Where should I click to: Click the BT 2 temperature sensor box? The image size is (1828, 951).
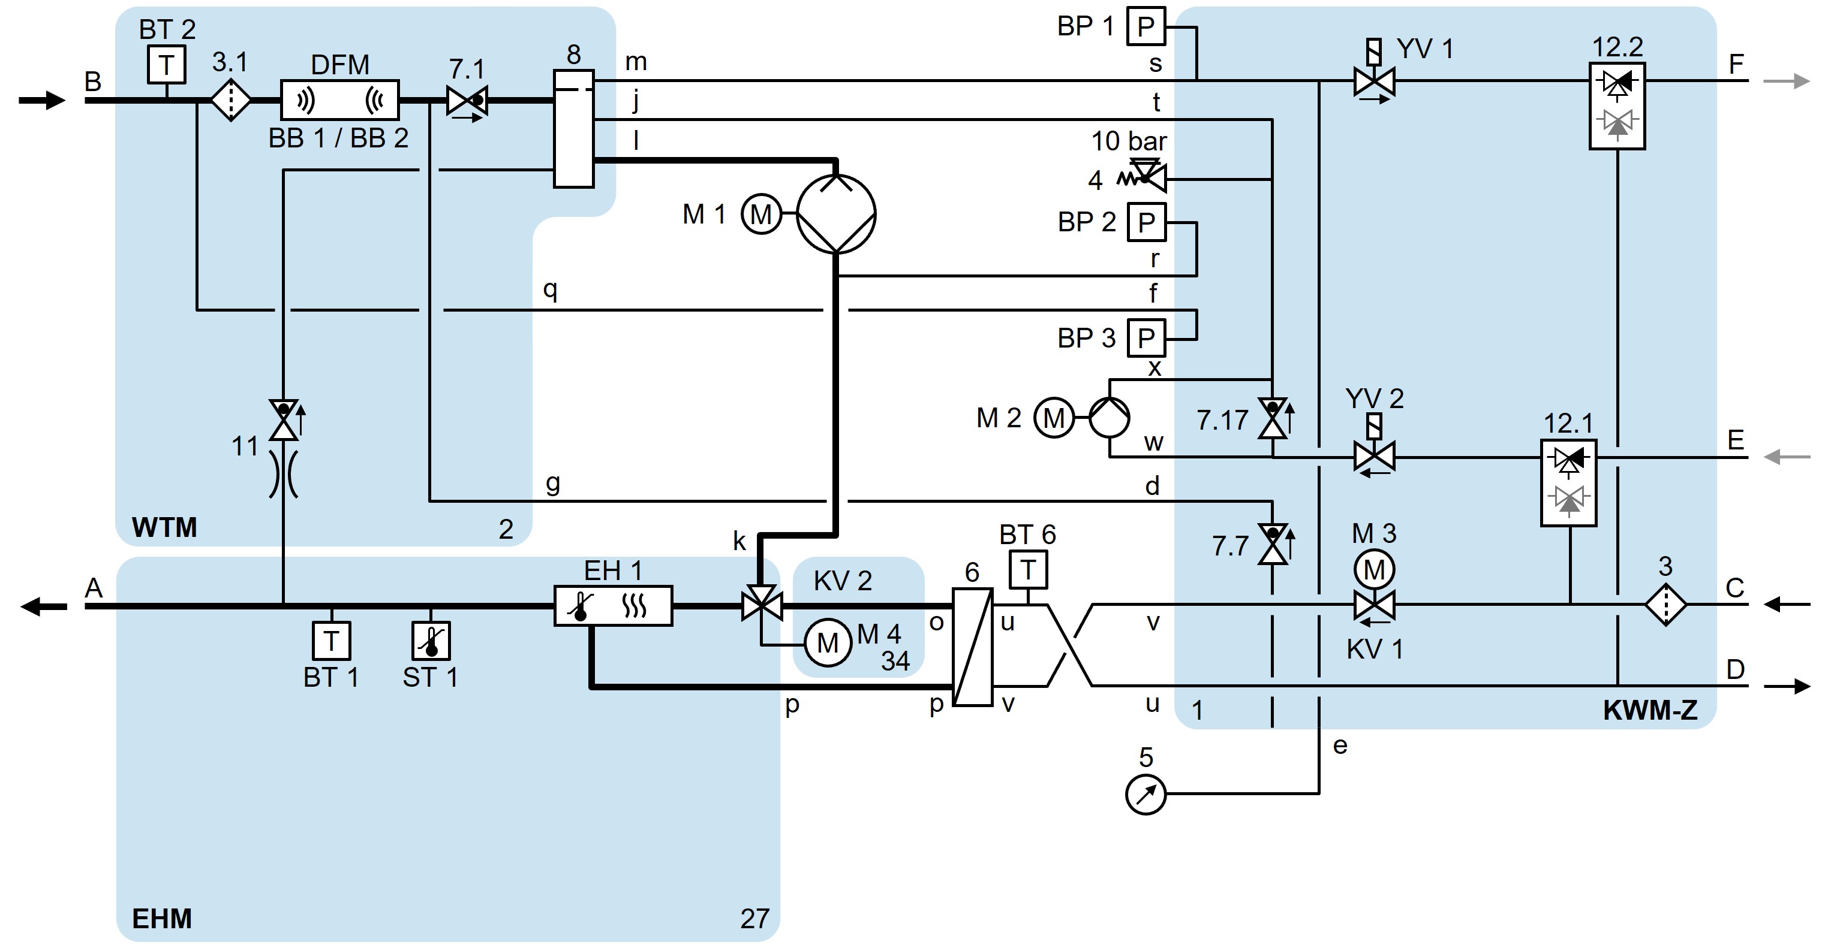click(x=166, y=65)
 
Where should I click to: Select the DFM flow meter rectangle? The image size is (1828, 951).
click(x=340, y=100)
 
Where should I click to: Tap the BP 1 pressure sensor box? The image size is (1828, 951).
click(x=1146, y=27)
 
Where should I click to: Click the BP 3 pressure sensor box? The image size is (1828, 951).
click(x=1146, y=339)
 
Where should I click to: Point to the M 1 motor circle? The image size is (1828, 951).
click(x=760, y=213)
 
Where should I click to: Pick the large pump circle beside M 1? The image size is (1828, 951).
click(x=836, y=213)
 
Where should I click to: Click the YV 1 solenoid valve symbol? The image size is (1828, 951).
click(x=1374, y=80)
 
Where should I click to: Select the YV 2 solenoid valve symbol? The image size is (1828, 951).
click(x=1374, y=455)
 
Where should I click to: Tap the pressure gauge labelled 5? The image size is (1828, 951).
click(x=1145, y=794)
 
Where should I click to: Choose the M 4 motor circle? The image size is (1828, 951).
click(x=828, y=643)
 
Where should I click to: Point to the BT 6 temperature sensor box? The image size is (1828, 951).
click(x=1027, y=569)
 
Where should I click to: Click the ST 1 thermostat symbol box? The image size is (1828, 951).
click(x=431, y=641)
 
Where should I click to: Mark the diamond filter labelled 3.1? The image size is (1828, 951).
click(x=231, y=101)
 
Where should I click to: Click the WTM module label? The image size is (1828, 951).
click(x=165, y=527)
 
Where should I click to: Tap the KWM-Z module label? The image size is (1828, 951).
click(x=1650, y=711)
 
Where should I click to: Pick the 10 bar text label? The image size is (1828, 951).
click(x=1128, y=141)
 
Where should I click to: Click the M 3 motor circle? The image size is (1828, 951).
click(x=1374, y=569)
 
